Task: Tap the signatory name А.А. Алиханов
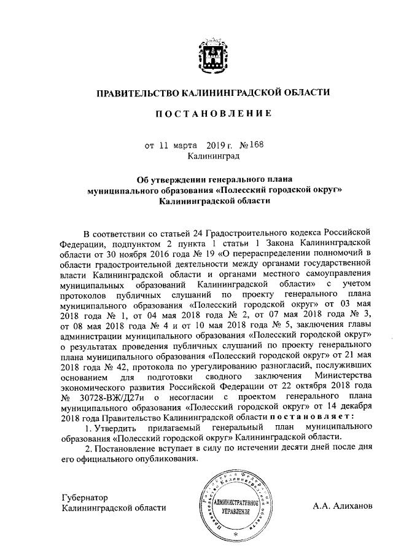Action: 341,507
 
